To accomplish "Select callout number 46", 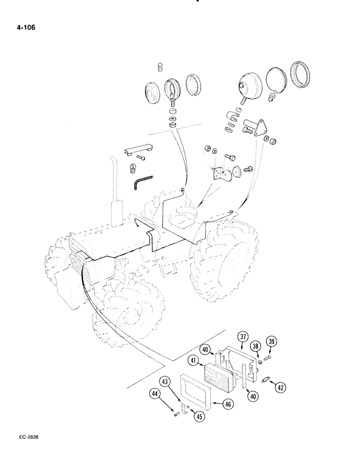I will [228, 404].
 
